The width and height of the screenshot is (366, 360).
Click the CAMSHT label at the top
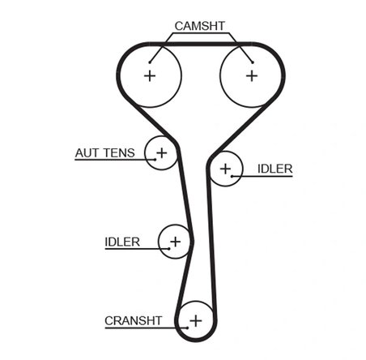(x=200, y=26)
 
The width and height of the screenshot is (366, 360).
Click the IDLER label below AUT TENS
(x=122, y=241)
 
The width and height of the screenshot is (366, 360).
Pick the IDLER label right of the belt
(x=274, y=169)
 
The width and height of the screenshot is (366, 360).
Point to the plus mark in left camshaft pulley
(x=149, y=75)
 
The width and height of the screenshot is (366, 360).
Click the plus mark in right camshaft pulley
(x=251, y=75)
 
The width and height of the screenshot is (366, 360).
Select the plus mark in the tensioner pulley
(x=161, y=152)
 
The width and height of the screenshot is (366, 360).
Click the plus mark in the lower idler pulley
(x=175, y=241)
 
